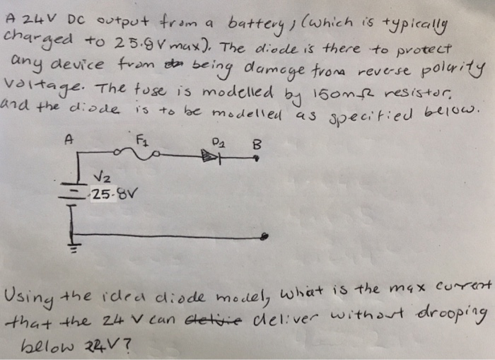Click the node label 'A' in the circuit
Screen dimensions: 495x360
tap(69, 140)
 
